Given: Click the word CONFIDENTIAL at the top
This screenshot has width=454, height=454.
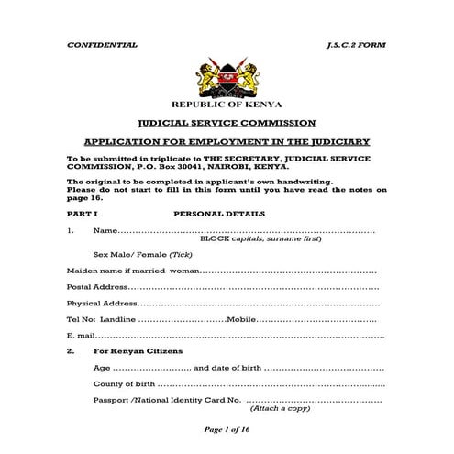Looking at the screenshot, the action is coord(102,44).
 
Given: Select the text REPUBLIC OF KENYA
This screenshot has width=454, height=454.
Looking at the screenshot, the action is coord(226,106).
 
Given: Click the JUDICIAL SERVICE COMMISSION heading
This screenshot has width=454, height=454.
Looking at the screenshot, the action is coord(226,123).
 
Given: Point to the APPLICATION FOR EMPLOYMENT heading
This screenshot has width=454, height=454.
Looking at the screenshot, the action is coord(226,141).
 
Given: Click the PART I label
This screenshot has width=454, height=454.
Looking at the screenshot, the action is coord(81,213).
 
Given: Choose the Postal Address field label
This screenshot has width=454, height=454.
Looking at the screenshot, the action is coord(98,287).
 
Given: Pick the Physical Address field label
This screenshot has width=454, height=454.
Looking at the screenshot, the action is coord(103,304).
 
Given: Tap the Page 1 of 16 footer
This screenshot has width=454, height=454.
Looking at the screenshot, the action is coord(226,431).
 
